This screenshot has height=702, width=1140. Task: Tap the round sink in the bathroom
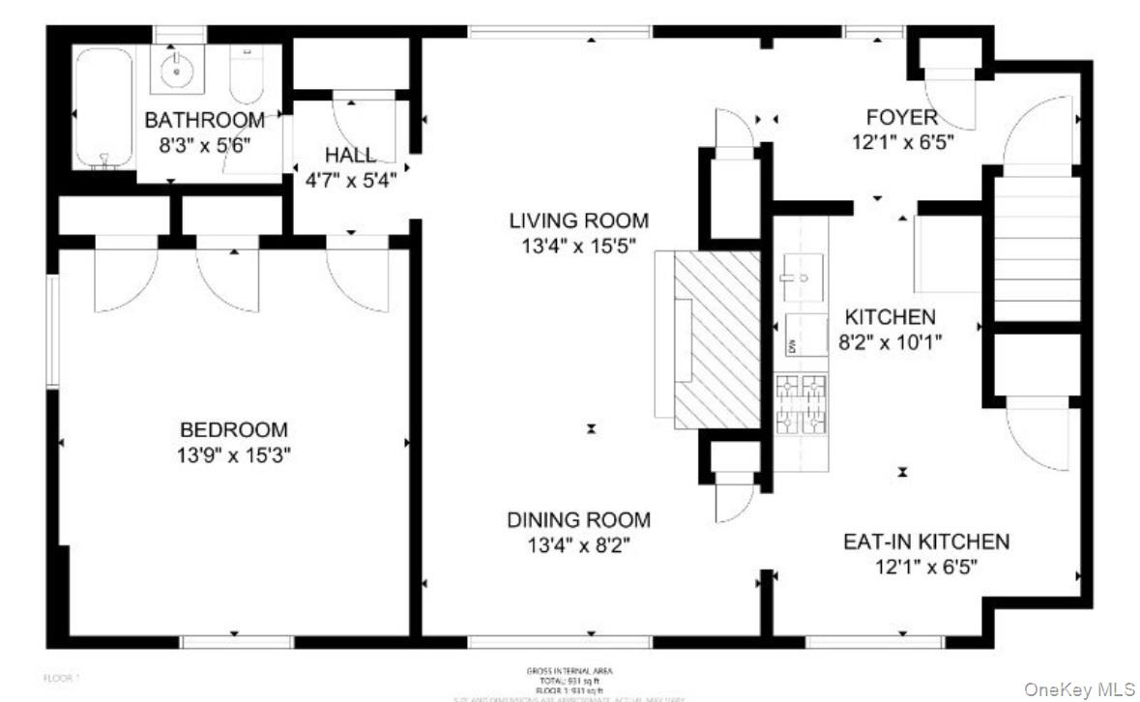(177, 69)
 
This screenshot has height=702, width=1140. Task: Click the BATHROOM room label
(204, 121)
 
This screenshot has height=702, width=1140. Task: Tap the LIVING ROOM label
(578, 220)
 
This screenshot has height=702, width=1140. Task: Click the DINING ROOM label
(578, 520)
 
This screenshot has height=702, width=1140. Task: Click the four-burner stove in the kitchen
(802, 403)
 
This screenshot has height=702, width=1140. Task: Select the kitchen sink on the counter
(802, 277)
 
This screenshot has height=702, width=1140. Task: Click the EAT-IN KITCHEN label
(925, 541)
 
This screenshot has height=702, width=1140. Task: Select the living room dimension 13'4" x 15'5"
(578, 246)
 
